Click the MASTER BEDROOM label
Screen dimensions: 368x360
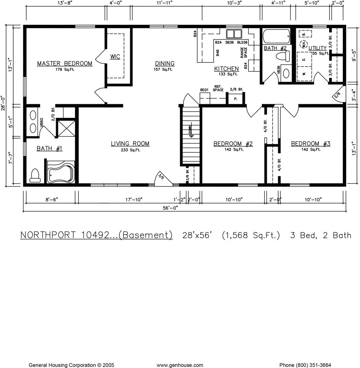click(65, 64)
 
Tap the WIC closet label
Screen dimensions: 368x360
click(115, 57)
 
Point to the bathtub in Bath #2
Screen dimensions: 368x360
click(276, 36)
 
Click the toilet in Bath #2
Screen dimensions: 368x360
click(284, 56)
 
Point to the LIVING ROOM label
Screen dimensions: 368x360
click(130, 144)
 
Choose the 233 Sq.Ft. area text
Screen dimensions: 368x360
click(130, 149)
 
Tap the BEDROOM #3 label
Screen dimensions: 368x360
click(310, 144)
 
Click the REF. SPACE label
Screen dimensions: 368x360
click(218, 88)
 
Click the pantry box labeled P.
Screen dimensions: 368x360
click(236, 98)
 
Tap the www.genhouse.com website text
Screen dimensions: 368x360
click(180, 365)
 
